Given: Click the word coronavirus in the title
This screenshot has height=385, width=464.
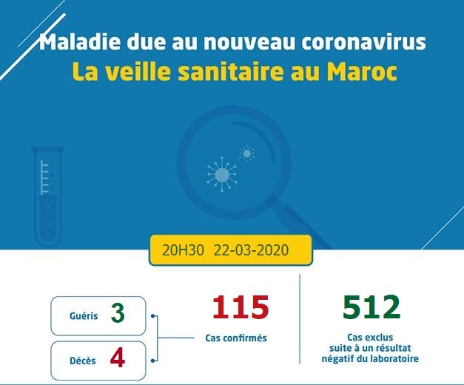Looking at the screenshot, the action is point(363,42).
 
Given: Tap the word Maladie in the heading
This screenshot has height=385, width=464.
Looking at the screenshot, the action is point(80,41).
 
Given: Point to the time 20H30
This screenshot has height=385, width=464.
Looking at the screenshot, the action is point(183,250).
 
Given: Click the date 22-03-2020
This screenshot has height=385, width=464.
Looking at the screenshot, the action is point(251,250).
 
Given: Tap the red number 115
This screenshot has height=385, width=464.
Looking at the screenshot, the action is point(241,307).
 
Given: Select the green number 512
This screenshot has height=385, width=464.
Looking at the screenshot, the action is point(371,307).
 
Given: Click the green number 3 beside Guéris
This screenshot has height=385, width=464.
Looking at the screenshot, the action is point(118,314).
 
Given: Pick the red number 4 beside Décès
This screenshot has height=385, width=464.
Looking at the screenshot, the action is point(118,358).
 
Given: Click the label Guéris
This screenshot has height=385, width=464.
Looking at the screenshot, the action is point(84,315).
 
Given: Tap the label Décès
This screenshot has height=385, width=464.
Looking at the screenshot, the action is point(83,361).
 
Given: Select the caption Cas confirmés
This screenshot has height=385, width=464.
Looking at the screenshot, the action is point(236,338).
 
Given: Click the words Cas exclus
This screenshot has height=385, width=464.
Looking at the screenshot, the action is point(370,337).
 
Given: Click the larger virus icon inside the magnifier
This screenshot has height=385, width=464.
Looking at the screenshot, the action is point(222,175).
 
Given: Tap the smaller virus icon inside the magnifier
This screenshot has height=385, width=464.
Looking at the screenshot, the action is point(246,153).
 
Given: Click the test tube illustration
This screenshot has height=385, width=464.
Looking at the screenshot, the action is point(47,196).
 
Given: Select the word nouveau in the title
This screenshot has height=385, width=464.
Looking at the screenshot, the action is point(249,42).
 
